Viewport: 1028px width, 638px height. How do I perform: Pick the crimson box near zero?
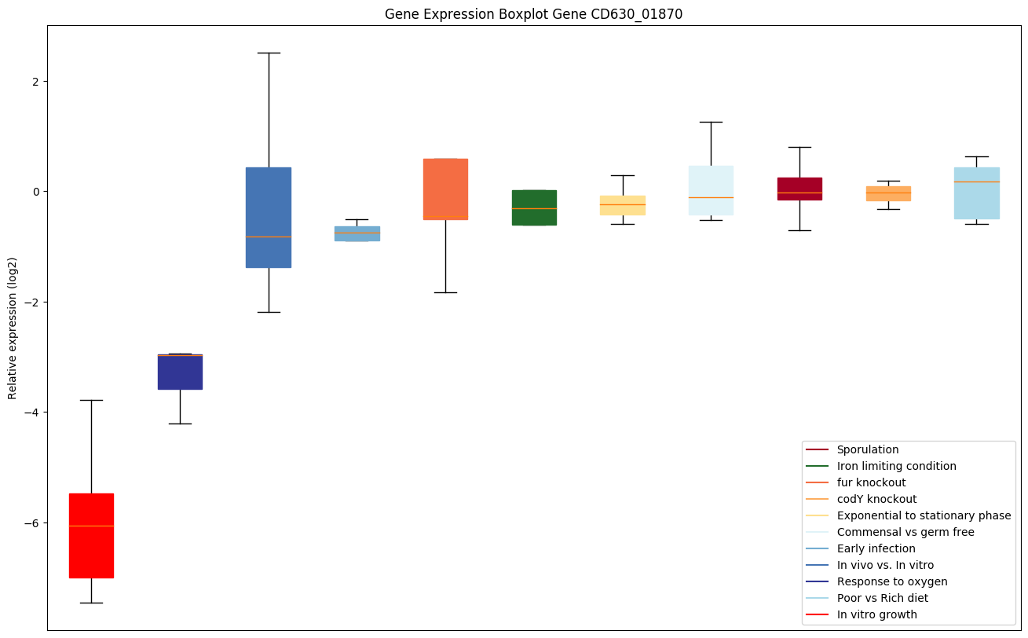pyautogui.click(x=799, y=189)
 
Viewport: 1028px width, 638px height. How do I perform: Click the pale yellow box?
pyautogui.click(x=623, y=205)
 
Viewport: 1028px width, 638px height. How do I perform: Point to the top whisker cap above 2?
pyautogui.click(x=269, y=53)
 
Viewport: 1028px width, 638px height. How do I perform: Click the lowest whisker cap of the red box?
pyautogui.click(x=91, y=603)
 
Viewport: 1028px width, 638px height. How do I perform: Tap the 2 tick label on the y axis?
pyautogui.click(x=35, y=82)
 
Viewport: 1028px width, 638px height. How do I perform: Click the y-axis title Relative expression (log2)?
pyautogui.click(x=13, y=328)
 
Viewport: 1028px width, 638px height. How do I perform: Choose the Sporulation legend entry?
pyautogui.click(x=867, y=449)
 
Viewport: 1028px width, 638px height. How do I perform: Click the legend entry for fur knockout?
pyautogui.click(x=871, y=482)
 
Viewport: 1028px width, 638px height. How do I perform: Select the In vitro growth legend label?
pyautogui.click(x=876, y=614)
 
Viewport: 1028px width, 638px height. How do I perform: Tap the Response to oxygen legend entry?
pyautogui.click(x=891, y=581)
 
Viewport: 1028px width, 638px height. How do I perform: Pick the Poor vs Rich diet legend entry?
pyautogui.click(x=882, y=598)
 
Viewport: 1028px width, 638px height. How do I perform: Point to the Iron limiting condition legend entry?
pyautogui.click(x=896, y=466)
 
